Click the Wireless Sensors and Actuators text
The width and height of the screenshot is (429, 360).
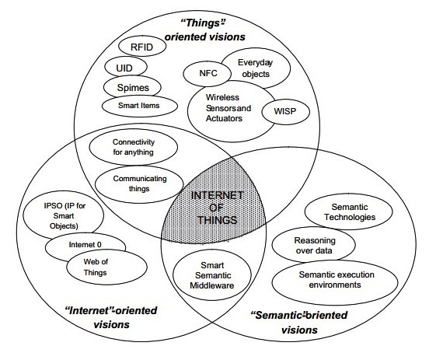click(x=228, y=108)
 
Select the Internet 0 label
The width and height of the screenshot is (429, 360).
click(x=85, y=244)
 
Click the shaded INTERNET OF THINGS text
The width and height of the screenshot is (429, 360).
click(x=218, y=208)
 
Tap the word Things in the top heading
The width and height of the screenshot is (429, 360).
click(x=203, y=23)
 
